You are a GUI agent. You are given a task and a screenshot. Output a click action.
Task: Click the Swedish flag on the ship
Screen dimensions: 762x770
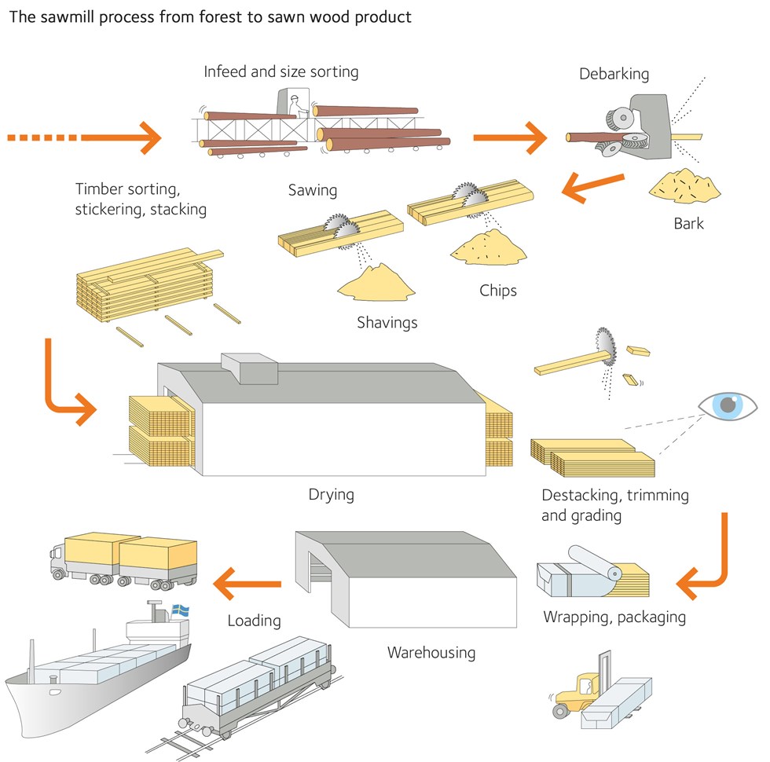(181, 609)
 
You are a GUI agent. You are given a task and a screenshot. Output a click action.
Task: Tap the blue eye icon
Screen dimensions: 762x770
(728, 405)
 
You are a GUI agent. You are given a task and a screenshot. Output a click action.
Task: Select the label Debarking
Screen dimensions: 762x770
(614, 75)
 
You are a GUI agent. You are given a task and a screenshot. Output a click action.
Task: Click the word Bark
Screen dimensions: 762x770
(689, 223)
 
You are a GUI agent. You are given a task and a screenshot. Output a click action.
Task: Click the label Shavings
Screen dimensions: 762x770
(387, 322)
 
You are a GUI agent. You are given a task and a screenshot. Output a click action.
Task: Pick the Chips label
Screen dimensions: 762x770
(498, 291)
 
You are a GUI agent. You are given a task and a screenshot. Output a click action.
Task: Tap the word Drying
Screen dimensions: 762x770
(332, 495)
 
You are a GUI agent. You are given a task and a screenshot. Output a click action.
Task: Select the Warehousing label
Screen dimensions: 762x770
(431, 652)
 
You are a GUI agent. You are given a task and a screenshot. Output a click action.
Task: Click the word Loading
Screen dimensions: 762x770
(254, 621)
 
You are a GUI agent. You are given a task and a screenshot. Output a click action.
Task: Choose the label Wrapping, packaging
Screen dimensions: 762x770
(614, 617)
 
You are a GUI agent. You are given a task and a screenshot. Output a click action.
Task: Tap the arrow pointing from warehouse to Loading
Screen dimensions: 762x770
(247, 584)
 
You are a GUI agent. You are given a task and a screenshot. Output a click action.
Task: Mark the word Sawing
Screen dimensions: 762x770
(312, 190)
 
